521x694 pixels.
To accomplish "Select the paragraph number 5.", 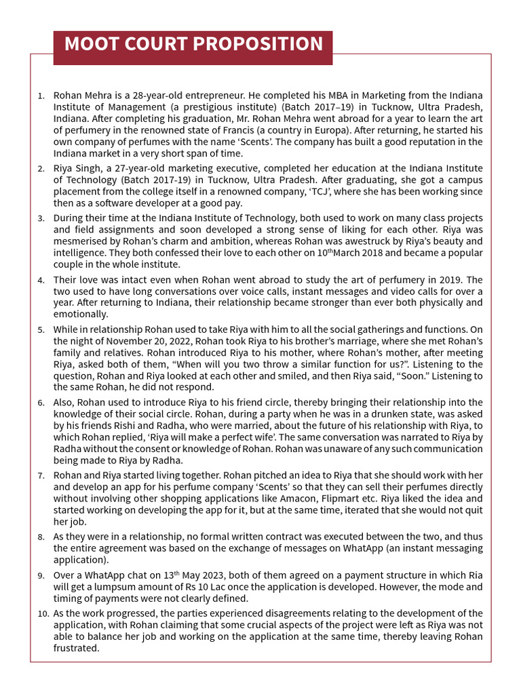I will coord(41,331).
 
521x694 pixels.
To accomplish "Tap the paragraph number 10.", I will coord(43,614).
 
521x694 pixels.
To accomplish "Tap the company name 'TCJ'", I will coord(292,192).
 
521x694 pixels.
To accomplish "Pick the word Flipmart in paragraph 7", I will coord(383,499).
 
